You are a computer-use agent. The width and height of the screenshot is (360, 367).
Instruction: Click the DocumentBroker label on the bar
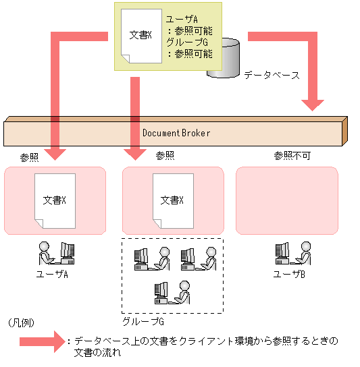[176, 133]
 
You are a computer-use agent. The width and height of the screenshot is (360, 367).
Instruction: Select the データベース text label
[272, 74]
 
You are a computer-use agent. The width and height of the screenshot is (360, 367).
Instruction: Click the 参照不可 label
[291, 155]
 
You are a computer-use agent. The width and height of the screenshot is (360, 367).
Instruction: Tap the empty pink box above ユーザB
[286, 200]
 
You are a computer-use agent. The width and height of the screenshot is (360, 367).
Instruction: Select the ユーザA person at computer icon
[55, 253]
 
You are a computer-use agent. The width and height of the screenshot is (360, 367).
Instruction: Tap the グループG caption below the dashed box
[138, 321]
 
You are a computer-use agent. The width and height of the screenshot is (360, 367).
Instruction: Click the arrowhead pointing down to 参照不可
[313, 103]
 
